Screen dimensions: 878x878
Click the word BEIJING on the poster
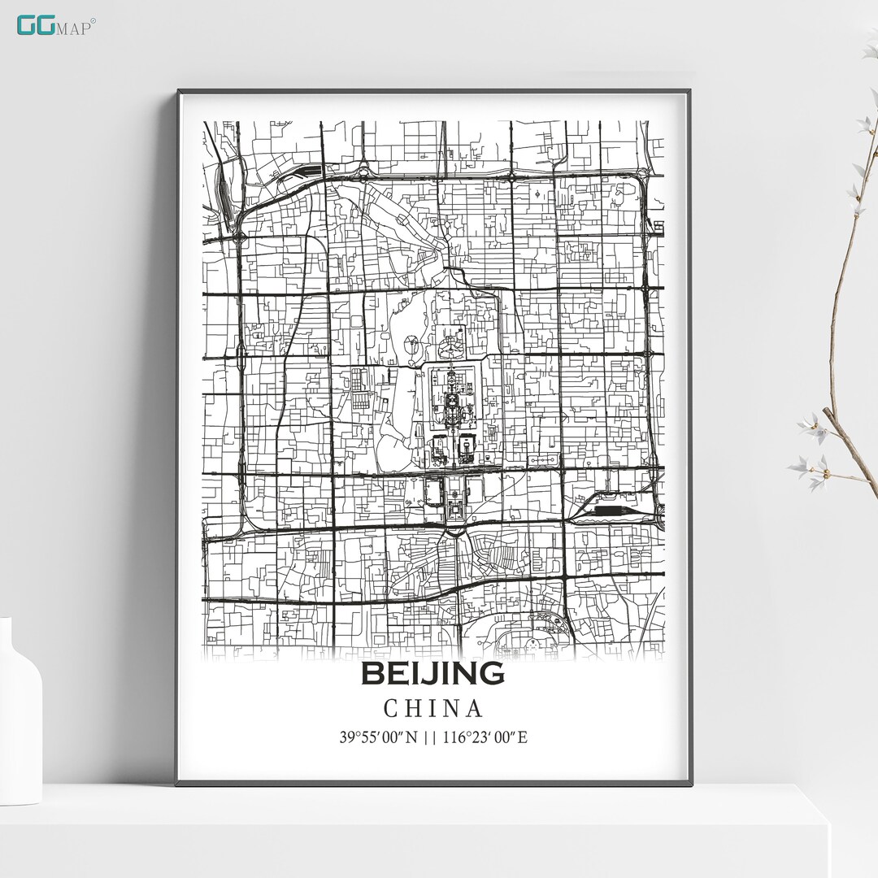coord(432,674)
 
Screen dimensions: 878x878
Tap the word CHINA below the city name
coord(433,709)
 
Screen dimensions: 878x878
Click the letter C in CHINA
coord(391,709)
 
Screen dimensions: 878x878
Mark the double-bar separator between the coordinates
coord(426,738)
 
